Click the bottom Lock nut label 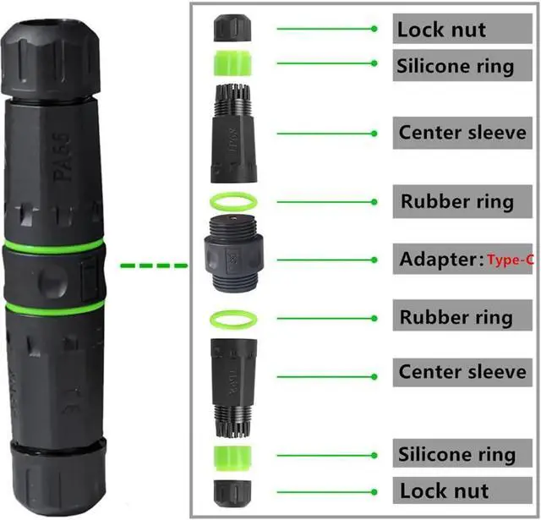[x=444, y=490]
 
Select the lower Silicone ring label [x=456, y=454]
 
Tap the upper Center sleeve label [x=462, y=133]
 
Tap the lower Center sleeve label [x=462, y=372]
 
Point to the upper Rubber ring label [x=456, y=202]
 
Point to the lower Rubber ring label [x=456, y=318]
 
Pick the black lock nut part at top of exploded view [x=230, y=29]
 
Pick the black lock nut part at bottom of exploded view [x=230, y=492]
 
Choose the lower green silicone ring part [x=230, y=457]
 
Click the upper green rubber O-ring [x=230, y=202]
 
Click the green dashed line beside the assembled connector [x=153, y=266]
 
